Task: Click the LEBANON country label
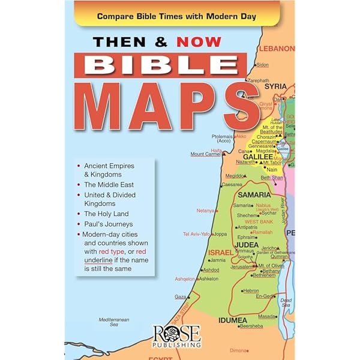(278, 48)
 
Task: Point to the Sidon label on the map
(262, 64)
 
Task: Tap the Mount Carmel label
(206, 154)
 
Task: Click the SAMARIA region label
(254, 195)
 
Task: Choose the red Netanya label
(206, 211)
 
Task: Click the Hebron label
(251, 290)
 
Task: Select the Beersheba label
(251, 326)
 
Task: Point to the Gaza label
(180, 296)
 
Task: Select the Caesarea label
(231, 185)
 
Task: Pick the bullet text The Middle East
(109, 184)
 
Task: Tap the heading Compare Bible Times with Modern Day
(176, 16)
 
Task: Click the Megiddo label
(235, 176)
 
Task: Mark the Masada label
(266, 316)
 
